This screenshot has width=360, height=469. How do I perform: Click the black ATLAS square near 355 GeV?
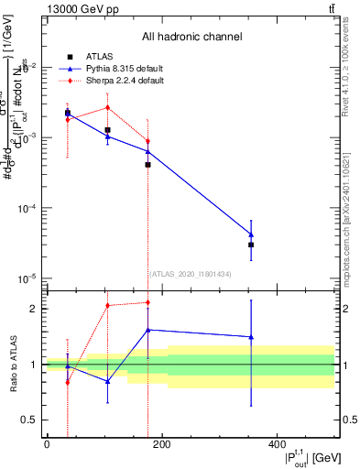pos(251,245)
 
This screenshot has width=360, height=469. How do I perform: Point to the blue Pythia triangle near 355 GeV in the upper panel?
pos(251,234)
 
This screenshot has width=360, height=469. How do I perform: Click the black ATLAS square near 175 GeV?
pos(147,165)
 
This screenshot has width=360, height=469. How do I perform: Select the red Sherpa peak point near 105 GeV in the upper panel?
pos(107,107)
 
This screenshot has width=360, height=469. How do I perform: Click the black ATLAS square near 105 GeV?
pos(107,130)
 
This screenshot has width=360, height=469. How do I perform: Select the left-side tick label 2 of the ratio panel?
pos(32,309)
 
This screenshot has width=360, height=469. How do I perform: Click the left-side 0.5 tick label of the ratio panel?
pos(27,420)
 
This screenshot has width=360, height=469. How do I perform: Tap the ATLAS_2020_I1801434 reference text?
pos(190,273)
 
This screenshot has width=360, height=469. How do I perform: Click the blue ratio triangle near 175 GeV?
pos(147,330)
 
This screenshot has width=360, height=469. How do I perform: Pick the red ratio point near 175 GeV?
pos(147,302)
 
